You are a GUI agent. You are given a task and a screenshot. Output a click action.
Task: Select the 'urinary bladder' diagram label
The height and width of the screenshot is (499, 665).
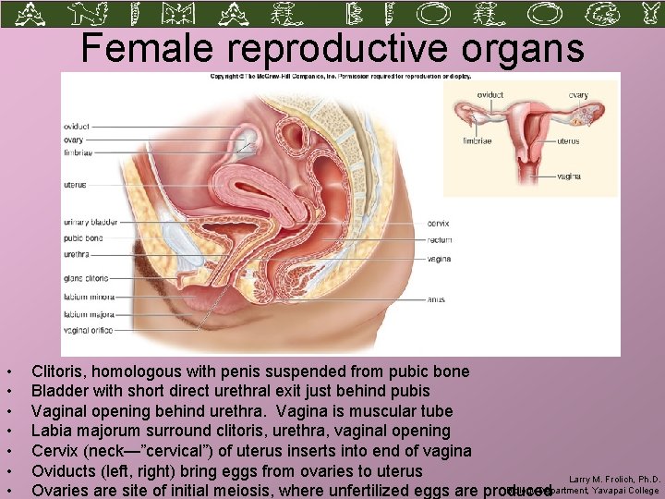[x=89, y=221]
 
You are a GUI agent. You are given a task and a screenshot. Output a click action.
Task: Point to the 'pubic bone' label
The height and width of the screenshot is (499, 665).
[x=83, y=237]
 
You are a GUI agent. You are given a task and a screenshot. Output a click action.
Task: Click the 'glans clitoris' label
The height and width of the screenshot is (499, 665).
[x=86, y=277]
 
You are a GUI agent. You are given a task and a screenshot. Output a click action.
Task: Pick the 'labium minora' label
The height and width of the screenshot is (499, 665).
[x=87, y=296]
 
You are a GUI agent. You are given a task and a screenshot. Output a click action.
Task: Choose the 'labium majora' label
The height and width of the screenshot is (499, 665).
[x=87, y=312]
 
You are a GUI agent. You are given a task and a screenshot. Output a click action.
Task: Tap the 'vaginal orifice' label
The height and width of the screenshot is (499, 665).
[x=89, y=329]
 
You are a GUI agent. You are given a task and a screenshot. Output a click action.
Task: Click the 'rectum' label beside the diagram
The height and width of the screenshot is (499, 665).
[x=440, y=239]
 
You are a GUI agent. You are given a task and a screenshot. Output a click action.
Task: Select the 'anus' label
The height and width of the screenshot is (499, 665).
[x=436, y=298]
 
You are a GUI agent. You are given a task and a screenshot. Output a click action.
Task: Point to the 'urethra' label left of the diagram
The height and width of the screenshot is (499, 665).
[x=77, y=252]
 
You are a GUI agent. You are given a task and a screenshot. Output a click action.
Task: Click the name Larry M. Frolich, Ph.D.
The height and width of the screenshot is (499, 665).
[x=613, y=480]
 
